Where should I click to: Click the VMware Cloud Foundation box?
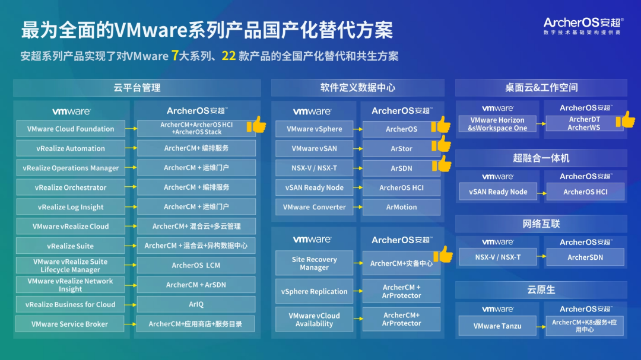point(71,129)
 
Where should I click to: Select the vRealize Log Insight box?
point(71,207)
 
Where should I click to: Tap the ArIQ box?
point(196,304)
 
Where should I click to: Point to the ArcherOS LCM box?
point(196,265)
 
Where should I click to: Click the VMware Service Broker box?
point(70,324)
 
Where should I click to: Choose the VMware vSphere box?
point(315,129)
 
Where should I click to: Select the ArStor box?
point(401,149)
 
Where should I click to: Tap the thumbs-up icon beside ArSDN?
point(442,164)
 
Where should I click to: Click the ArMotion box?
point(401,207)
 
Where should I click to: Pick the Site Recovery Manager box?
point(315,263)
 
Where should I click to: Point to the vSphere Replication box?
point(315,291)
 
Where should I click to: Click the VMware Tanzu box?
point(497,326)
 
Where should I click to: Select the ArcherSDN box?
point(585,257)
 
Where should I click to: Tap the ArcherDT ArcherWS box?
point(585,123)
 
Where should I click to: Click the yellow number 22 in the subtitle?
point(229,56)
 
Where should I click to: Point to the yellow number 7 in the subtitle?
point(175,56)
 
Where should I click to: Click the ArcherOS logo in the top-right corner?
point(583,26)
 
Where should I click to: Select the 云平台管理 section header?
point(137,88)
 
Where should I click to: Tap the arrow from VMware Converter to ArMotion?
point(358,207)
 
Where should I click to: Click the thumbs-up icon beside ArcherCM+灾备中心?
point(443,254)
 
